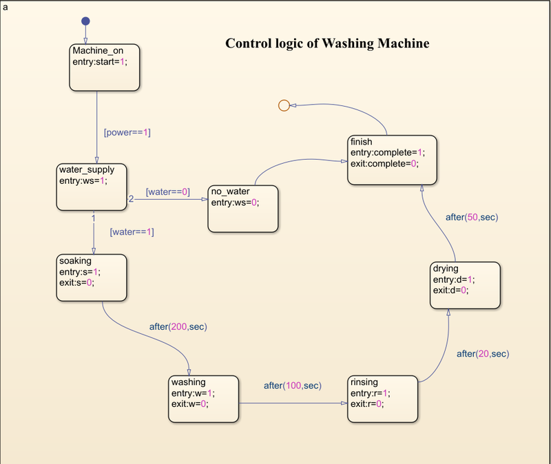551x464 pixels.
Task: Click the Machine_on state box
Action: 105,67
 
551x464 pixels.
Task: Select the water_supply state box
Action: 91,186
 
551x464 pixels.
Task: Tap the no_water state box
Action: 243,209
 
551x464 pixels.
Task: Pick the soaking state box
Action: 91,277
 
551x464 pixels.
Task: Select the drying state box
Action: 466,285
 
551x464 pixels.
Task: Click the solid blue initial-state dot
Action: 85,21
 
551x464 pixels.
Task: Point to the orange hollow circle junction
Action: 283,105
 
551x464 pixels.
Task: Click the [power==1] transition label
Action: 127,132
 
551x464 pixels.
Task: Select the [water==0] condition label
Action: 167,192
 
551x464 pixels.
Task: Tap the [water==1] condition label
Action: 132,232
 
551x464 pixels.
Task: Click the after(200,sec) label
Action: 178,326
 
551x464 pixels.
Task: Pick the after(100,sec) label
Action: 292,385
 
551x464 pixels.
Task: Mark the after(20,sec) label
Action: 482,353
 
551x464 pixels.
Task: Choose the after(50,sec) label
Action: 471,217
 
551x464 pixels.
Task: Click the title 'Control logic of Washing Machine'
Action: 327,43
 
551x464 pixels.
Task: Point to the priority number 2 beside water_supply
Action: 131,199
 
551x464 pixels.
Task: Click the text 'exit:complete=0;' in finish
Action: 384,163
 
